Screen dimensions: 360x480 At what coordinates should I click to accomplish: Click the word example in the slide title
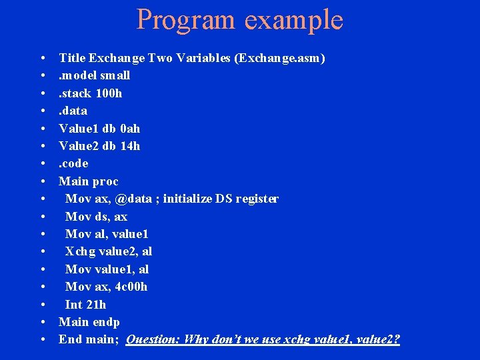293,21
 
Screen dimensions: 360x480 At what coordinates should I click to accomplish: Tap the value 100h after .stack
109,93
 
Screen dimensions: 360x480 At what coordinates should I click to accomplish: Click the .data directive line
73,111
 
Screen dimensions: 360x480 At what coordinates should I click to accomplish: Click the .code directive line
73,163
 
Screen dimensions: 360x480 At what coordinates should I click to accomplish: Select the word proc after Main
106,181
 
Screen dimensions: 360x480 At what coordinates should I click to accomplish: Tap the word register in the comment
256,199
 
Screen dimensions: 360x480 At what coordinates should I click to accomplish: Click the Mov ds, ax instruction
96,217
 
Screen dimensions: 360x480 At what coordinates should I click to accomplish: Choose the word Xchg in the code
79,251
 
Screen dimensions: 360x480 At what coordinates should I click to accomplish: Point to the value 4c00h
132,287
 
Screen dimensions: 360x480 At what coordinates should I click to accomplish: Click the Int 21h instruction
85,305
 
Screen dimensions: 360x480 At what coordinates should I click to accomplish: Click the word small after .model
115,75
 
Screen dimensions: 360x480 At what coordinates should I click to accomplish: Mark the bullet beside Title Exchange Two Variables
43,59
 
